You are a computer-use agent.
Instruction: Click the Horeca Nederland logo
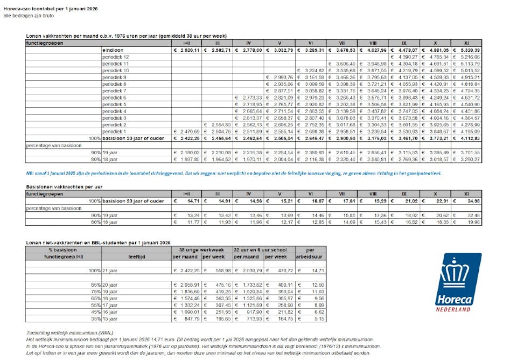(458, 282)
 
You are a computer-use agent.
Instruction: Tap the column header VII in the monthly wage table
(342, 43)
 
